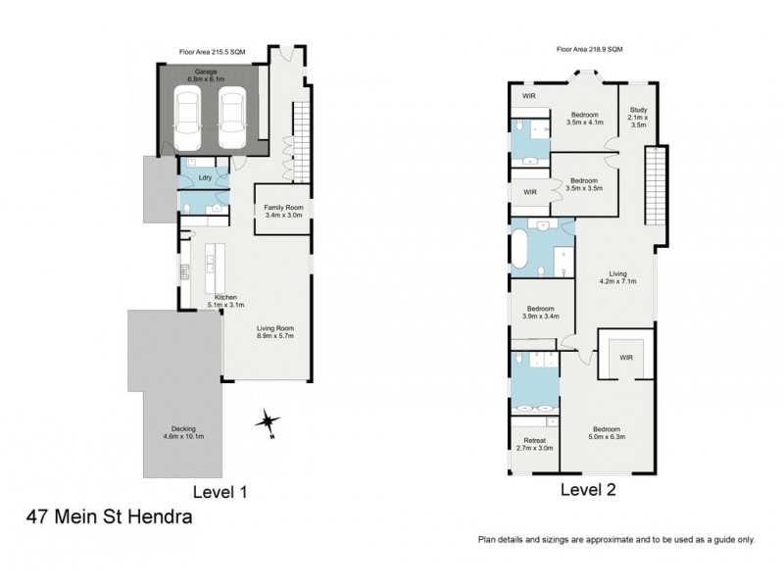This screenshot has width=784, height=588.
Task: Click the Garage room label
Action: point(205,75)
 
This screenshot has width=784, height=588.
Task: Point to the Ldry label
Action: point(206,177)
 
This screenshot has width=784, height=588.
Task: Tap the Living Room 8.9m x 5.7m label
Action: point(280,332)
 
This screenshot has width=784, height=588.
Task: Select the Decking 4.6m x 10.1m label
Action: point(183,433)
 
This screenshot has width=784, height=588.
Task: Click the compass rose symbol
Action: point(267,422)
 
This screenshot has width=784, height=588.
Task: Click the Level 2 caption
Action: point(588,488)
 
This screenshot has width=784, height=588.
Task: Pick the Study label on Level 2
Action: point(638,117)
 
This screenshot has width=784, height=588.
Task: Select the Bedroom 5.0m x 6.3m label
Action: point(605,433)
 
